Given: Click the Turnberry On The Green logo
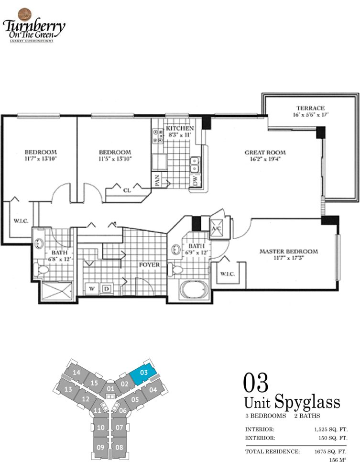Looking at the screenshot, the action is pyautogui.click(x=34, y=25).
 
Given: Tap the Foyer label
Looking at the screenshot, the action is pyautogui.click(x=149, y=265).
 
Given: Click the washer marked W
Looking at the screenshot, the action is pyautogui.click(x=92, y=288).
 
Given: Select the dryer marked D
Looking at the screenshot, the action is pyautogui.click(x=106, y=288).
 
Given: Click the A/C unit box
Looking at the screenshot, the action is pyautogui.click(x=217, y=228).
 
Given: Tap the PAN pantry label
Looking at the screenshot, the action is pyautogui.click(x=157, y=180).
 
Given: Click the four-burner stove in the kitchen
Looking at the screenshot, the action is pyautogui.click(x=158, y=136).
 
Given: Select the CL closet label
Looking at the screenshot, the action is pyautogui.click(x=127, y=191).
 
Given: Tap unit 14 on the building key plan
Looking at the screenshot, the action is pyautogui.click(x=76, y=373).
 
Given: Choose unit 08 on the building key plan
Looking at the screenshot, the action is pyautogui.click(x=119, y=447).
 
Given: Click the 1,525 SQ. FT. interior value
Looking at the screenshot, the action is pyautogui.click(x=331, y=429).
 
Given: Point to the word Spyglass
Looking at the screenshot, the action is pyautogui.click(x=307, y=402).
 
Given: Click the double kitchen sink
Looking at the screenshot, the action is pyautogui.click(x=195, y=165).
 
